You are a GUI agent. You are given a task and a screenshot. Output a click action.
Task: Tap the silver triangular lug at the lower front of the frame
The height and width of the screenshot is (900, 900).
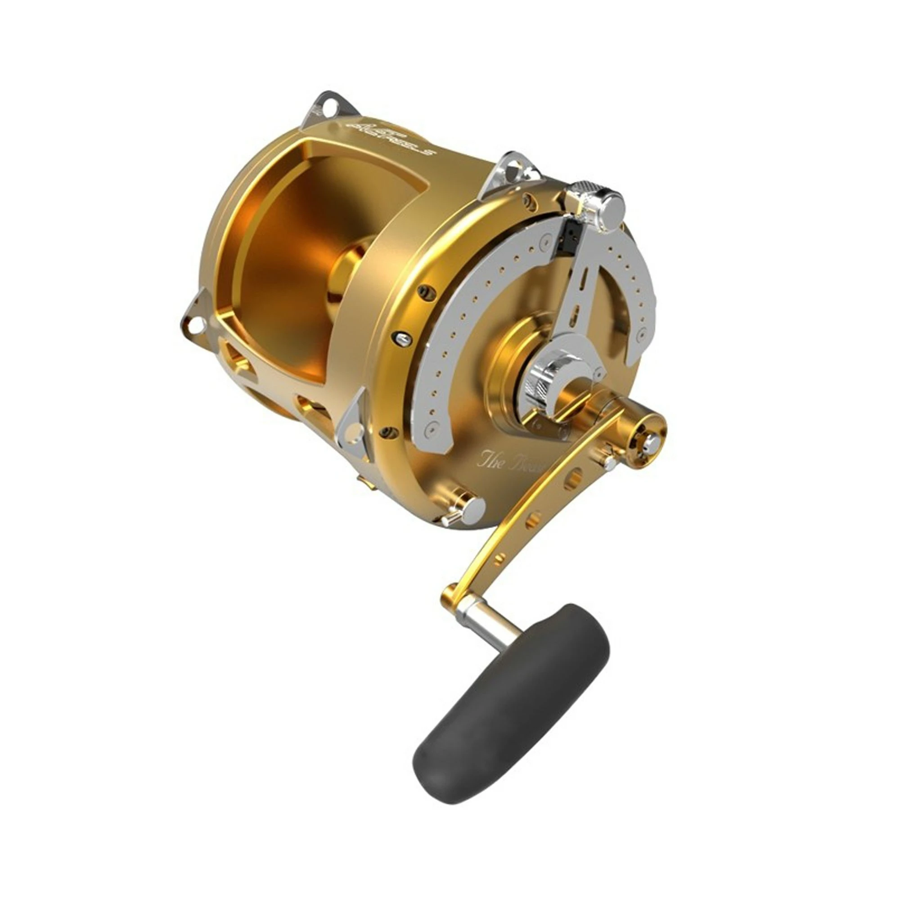point(352,426)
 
